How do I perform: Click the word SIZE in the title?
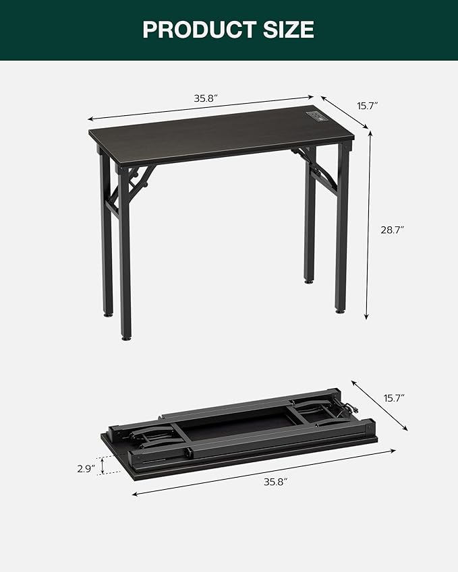pos(289,30)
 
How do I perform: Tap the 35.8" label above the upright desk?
pos(206,98)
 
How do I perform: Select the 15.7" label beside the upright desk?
pos(367,106)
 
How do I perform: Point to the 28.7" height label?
pos(391,230)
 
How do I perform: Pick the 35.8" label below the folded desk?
pos(275,482)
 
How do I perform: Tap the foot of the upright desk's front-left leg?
pos(125,335)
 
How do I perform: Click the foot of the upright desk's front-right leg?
pos(341,309)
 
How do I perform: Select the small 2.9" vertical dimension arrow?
pos(102,465)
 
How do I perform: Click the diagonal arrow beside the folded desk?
pos(379,404)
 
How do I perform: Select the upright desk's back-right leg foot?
pos(308,280)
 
